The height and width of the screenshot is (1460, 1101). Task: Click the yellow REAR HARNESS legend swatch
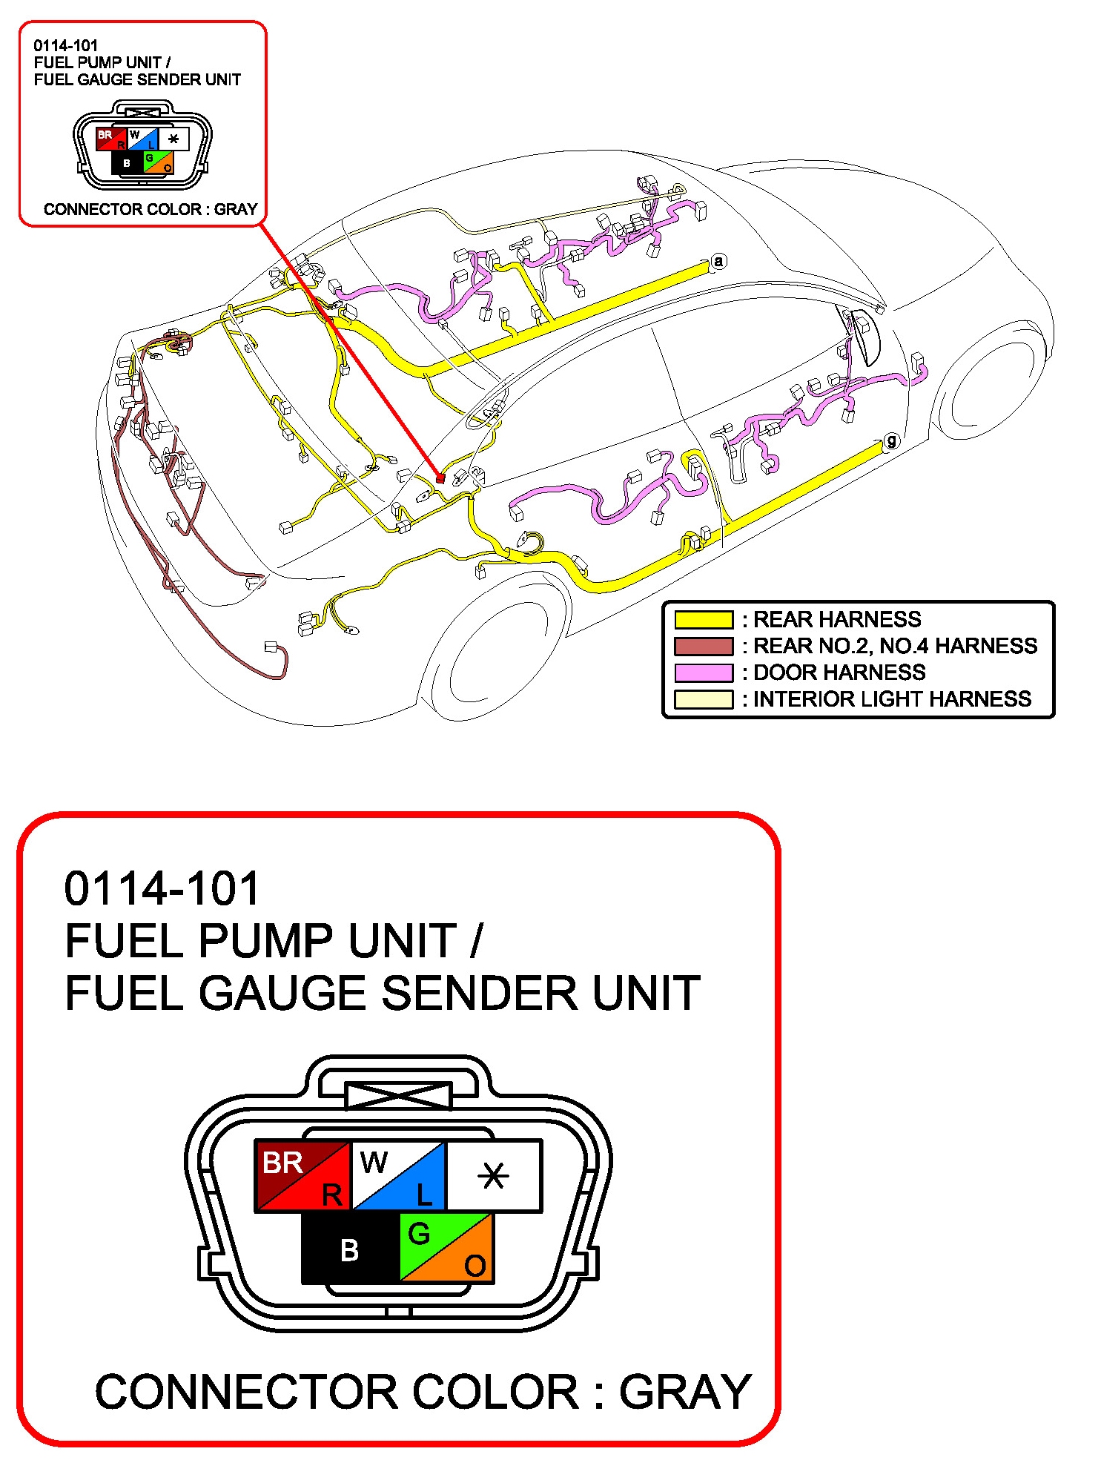(x=703, y=619)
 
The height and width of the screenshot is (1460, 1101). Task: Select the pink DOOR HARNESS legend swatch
(x=703, y=673)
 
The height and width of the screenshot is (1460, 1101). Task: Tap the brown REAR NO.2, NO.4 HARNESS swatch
(x=703, y=646)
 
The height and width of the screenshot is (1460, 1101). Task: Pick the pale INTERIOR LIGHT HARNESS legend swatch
(x=703, y=699)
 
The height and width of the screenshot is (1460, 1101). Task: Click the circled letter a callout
(x=718, y=261)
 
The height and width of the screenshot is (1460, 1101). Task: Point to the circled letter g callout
(x=891, y=441)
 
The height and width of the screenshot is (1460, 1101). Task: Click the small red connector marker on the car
(x=440, y=478)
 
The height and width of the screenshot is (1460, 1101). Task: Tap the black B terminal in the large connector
(x=350, y=1250)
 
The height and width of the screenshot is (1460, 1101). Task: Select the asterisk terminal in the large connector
(x=494, y=1176)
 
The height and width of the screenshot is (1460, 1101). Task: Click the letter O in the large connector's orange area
(x=475, y=1266)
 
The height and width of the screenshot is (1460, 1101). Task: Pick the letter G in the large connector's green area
(x=419, y=1234)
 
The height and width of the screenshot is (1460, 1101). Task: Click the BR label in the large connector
(x=282, y=1163)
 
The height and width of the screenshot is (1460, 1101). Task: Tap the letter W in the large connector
(x=374, y=1162)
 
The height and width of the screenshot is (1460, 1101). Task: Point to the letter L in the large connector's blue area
(x=424, y=1195)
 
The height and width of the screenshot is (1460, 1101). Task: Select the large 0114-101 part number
(x=162, y=888)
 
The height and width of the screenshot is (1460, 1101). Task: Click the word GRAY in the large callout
(x=685, y=1392)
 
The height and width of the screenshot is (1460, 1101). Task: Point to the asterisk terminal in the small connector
(x=173, y=139)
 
